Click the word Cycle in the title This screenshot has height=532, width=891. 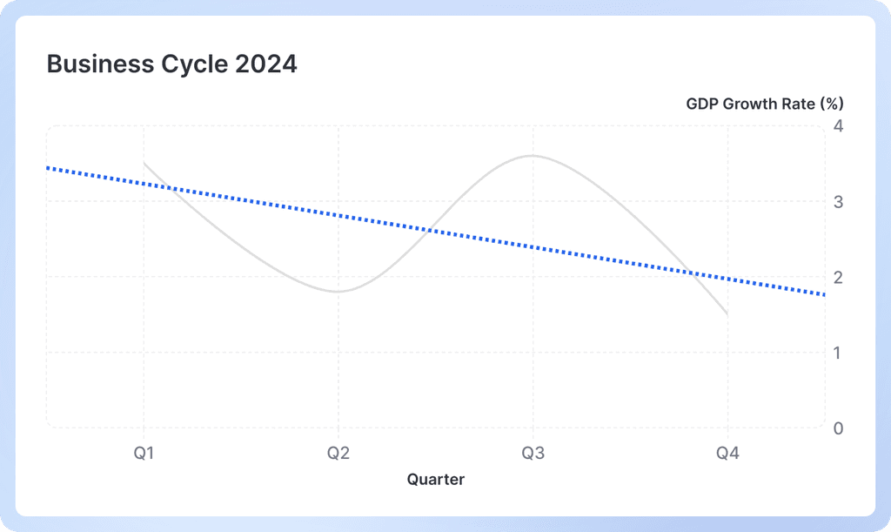click(x=183, y=64)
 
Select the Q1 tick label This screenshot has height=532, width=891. click(x=144, y=453)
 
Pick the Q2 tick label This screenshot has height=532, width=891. click(x=338, y=453)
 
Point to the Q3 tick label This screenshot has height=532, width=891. click(x=533, y=453)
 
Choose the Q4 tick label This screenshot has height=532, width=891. click(x=727, y=453)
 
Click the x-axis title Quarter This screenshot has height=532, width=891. click(x=436, y=479)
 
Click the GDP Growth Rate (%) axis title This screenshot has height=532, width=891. click(x=764, y=104)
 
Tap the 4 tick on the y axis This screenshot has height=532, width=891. click(x=838, y=126)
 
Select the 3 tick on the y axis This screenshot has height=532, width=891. click(x=838, y=202)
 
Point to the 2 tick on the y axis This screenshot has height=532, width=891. click(x=838, y=278)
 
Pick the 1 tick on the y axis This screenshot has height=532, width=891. click(x=838, y=353)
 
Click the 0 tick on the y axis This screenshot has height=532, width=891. click(x=838, y=428)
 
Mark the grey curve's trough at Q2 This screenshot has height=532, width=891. click(x=338, y=292)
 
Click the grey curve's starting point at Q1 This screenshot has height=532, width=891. click(x=144, y=164)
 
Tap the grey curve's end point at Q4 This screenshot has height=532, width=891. click(x=727, y=314)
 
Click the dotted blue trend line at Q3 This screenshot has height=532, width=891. click(x=533, y=246)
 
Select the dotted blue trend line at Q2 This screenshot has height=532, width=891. click(x=338, y=214)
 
